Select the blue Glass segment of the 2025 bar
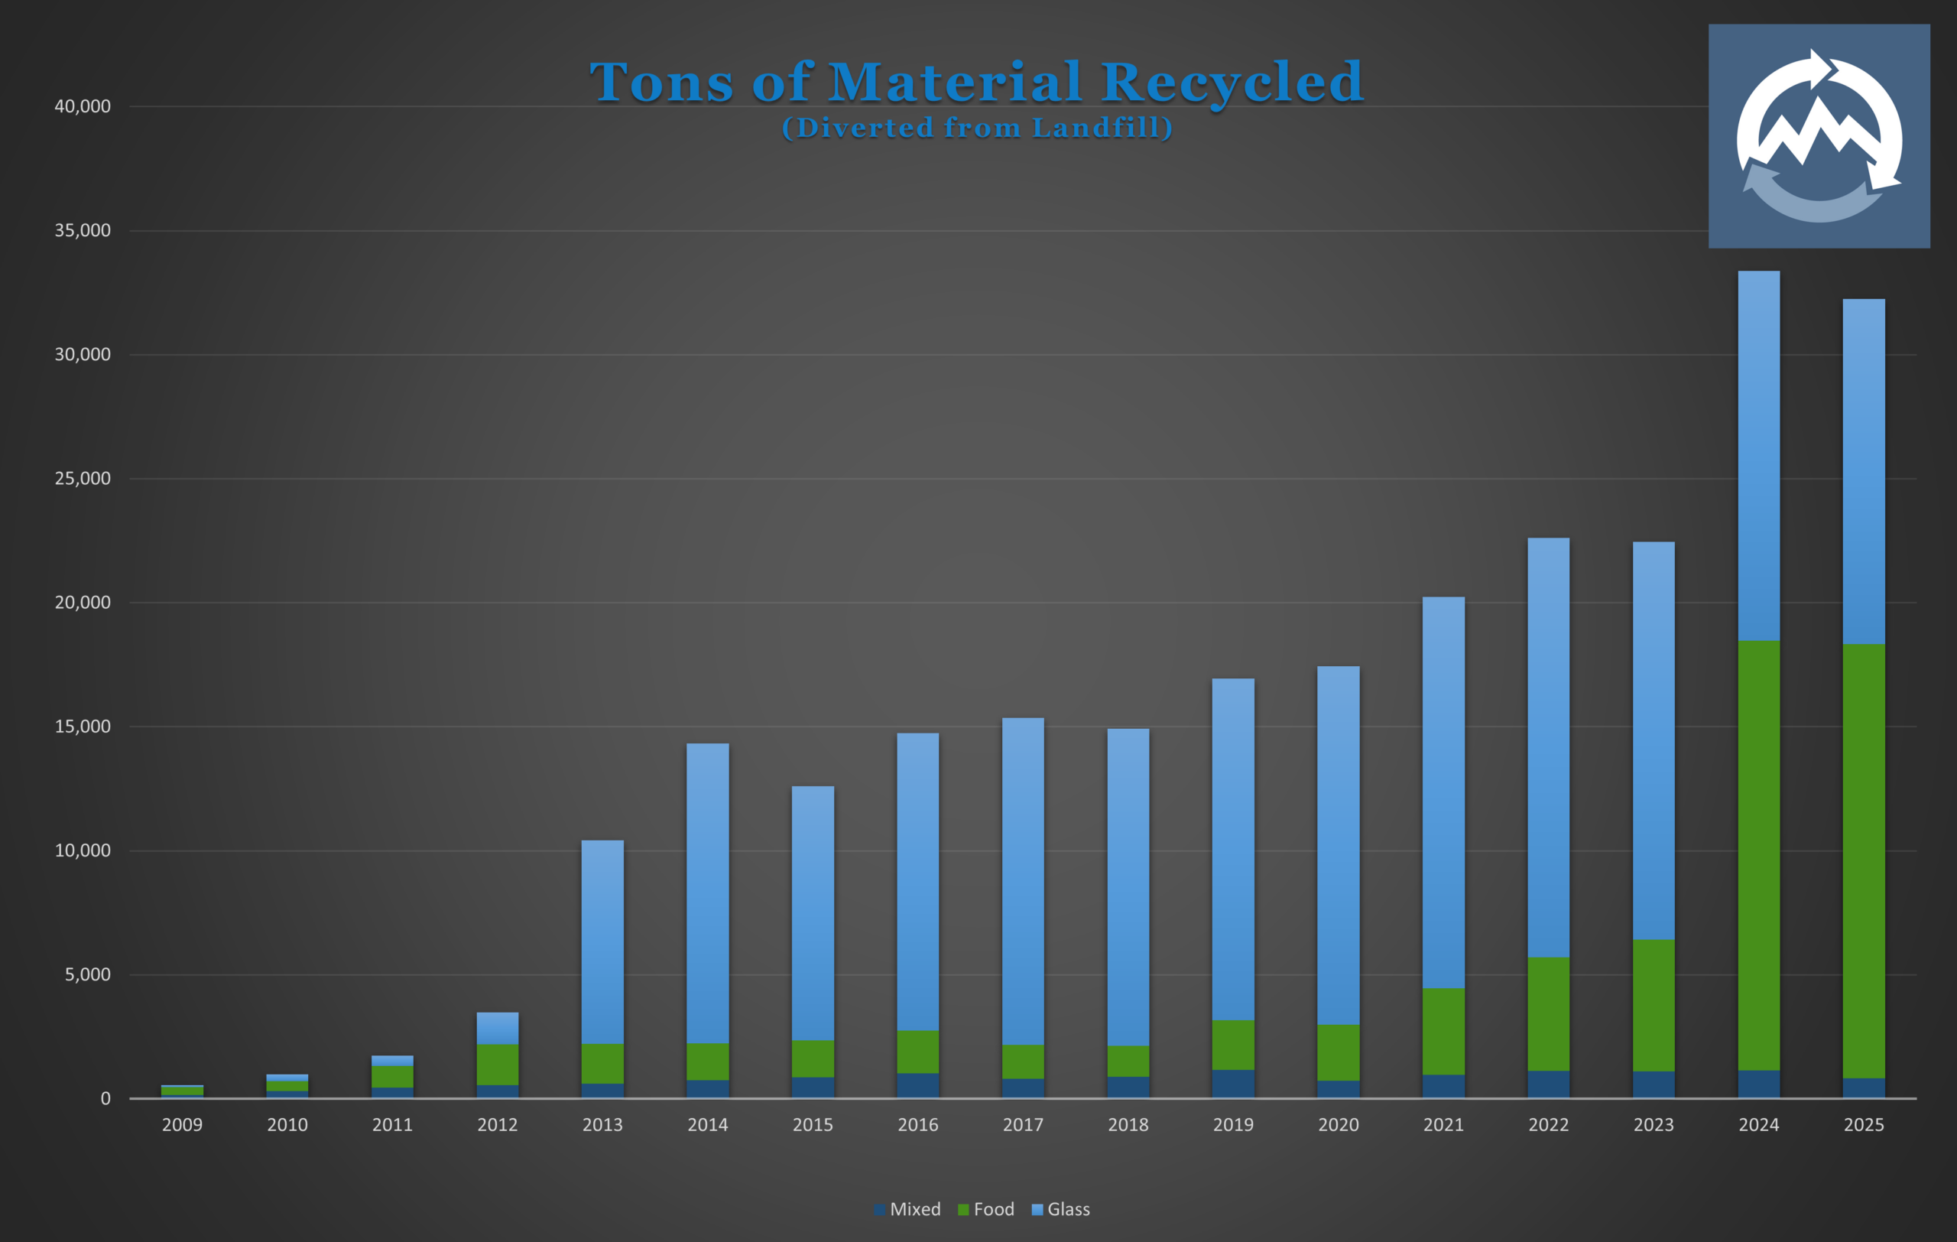pos(1864,471)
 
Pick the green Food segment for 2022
pos(1548,1013)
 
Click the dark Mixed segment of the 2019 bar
pos(1233,1084)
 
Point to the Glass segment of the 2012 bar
pos(498,1028)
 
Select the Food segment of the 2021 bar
pos(1443,1032)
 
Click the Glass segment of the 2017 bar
pos(1022,881)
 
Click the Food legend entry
pos(986,1209)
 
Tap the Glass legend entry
pos(1060,1209)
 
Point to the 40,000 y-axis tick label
pos(82,106)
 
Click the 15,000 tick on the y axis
pos(82,727)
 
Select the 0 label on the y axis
pos(105,1099)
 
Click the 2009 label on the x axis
pos(182,1125)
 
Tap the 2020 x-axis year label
pos(1338,1125)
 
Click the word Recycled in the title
pos(1232,82)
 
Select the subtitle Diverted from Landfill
pos(977,128)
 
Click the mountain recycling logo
pos(1819,135)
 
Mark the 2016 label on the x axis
pos(917,1125)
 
